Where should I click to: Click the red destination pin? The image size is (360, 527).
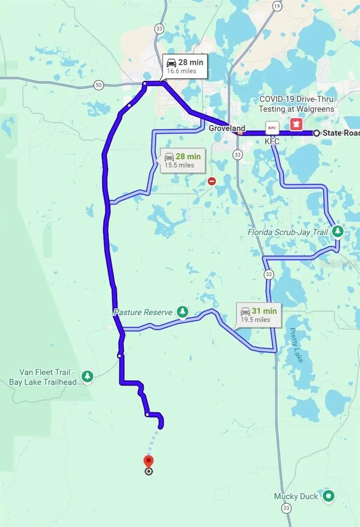pos(148,462)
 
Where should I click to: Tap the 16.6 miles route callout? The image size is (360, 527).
pos(184,67)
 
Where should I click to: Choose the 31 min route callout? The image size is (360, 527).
pos(259,315)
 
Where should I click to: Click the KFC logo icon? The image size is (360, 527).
pos(272,128)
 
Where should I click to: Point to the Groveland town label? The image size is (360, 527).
pos(227,128)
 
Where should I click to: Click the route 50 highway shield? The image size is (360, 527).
pos(99,85)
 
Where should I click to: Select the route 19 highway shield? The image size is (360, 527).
pos(277,6)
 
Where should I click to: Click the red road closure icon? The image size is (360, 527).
pos(212,181)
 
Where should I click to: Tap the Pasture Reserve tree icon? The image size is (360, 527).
pos(182,312)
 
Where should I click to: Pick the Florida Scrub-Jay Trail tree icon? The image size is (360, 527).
pos(337,231)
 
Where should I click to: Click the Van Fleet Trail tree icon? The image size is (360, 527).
pos(88,376)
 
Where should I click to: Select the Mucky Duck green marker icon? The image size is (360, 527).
pos(328,496)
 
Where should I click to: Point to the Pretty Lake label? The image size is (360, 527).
pos(296,345)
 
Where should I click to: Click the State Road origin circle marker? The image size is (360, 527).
pos(316,133)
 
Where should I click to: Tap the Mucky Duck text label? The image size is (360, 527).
pos(296,497)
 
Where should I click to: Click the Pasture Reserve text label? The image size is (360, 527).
pos(143,312)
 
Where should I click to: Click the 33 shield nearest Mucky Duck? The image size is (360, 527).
pos(287,508)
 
